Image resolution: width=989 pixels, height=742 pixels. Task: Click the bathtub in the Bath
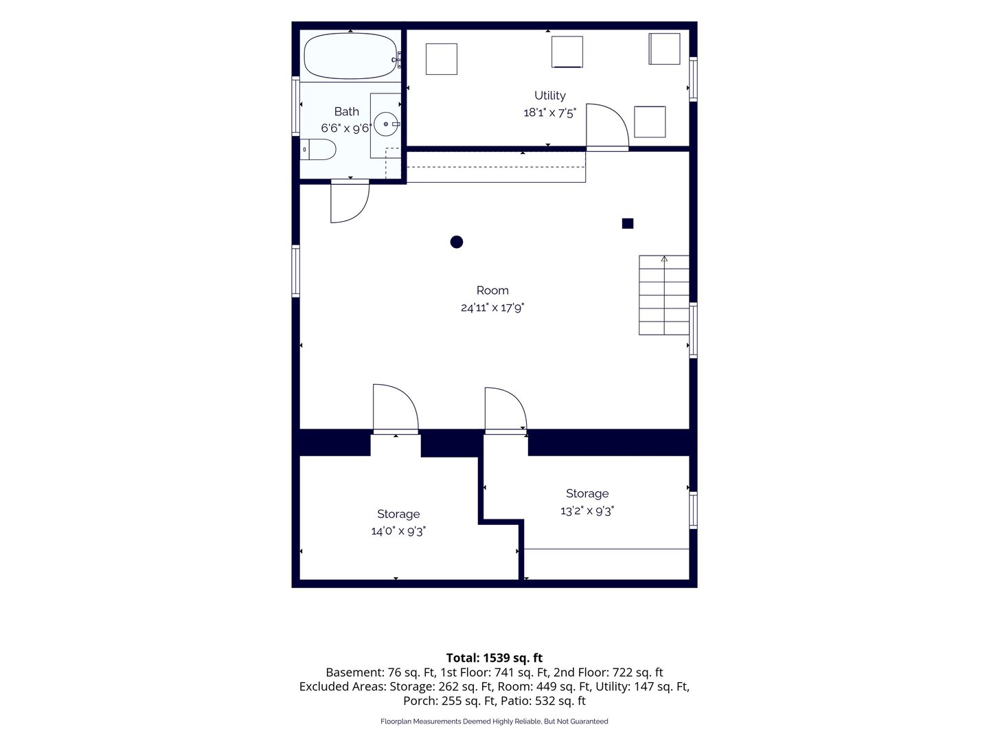pyautogui.click(x=350, y=56)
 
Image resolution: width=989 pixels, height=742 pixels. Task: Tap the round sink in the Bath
pyautogui.click(x=386, y=124)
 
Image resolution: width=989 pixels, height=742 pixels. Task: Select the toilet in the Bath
pyautogui.click(x=318, y=150)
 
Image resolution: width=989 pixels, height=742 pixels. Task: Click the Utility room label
pyautogui.click(x=549, y=95)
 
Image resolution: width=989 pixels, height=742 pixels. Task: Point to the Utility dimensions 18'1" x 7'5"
pyautogui.click(x=549, y=113)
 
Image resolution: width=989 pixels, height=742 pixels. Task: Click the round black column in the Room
pyautogui.click(x=457, y=242)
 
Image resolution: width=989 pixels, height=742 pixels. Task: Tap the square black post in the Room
pyautogui.click(x=628, y=223)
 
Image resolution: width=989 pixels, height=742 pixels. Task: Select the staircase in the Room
pyautogui.click(x=663, y=295)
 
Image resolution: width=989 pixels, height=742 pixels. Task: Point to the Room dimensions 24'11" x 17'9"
pyautogui.click(x=492, y=308)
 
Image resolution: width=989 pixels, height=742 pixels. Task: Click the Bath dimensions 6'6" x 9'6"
pyautogui.click(x=346, y=128)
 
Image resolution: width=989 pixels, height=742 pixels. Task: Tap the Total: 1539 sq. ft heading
pyautogui.click(x=494, y=657)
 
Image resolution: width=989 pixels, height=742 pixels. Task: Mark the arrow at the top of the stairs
pyautogui.click(x=664, y=259)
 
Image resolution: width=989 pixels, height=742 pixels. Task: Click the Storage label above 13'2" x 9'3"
pyautogui.click(x=587, y=493)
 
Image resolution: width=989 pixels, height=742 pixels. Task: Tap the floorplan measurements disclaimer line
pyautogui.click(x=494, y=721)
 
